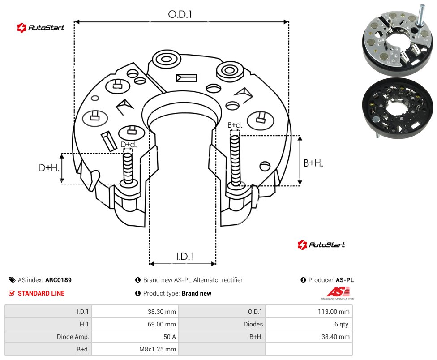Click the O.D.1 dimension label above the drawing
point(180,14)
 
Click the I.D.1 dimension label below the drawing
point(185,257)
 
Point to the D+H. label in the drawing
point(49,168)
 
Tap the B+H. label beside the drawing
point(313,163)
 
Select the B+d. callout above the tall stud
point(235,125)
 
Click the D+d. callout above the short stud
point(129,145)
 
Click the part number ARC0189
point(58,280)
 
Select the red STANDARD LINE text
point(41,293)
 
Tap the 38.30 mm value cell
point(135,312)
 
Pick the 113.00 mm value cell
point(309,312)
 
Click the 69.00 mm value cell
point(135,324)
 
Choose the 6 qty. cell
point(309,324)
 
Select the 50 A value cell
point(135,337)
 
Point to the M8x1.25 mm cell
point(135,349)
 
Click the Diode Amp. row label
point(73,337)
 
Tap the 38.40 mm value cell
point(309,337)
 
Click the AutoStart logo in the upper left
point(40,28)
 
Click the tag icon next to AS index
point(12,280)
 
